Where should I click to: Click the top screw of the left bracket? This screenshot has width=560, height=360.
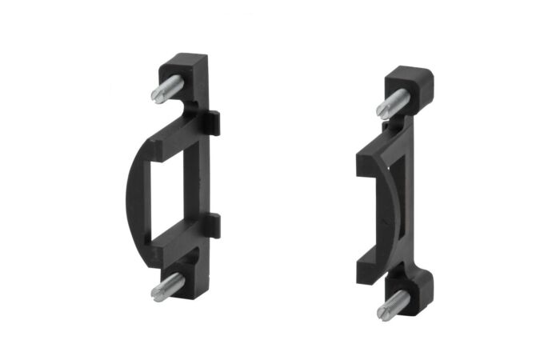pyautogui.click(x=167, y=89)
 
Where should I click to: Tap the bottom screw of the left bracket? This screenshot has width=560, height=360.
pyautogui.click(x=167, y=286)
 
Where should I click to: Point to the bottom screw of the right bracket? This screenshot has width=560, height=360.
pyautogui.click(x=393, y=304)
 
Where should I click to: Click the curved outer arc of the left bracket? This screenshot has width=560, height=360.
pyautogui.click(x=133, y=192)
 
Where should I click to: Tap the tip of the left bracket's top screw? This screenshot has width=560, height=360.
pyautogui.click(x=154, y=95)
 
